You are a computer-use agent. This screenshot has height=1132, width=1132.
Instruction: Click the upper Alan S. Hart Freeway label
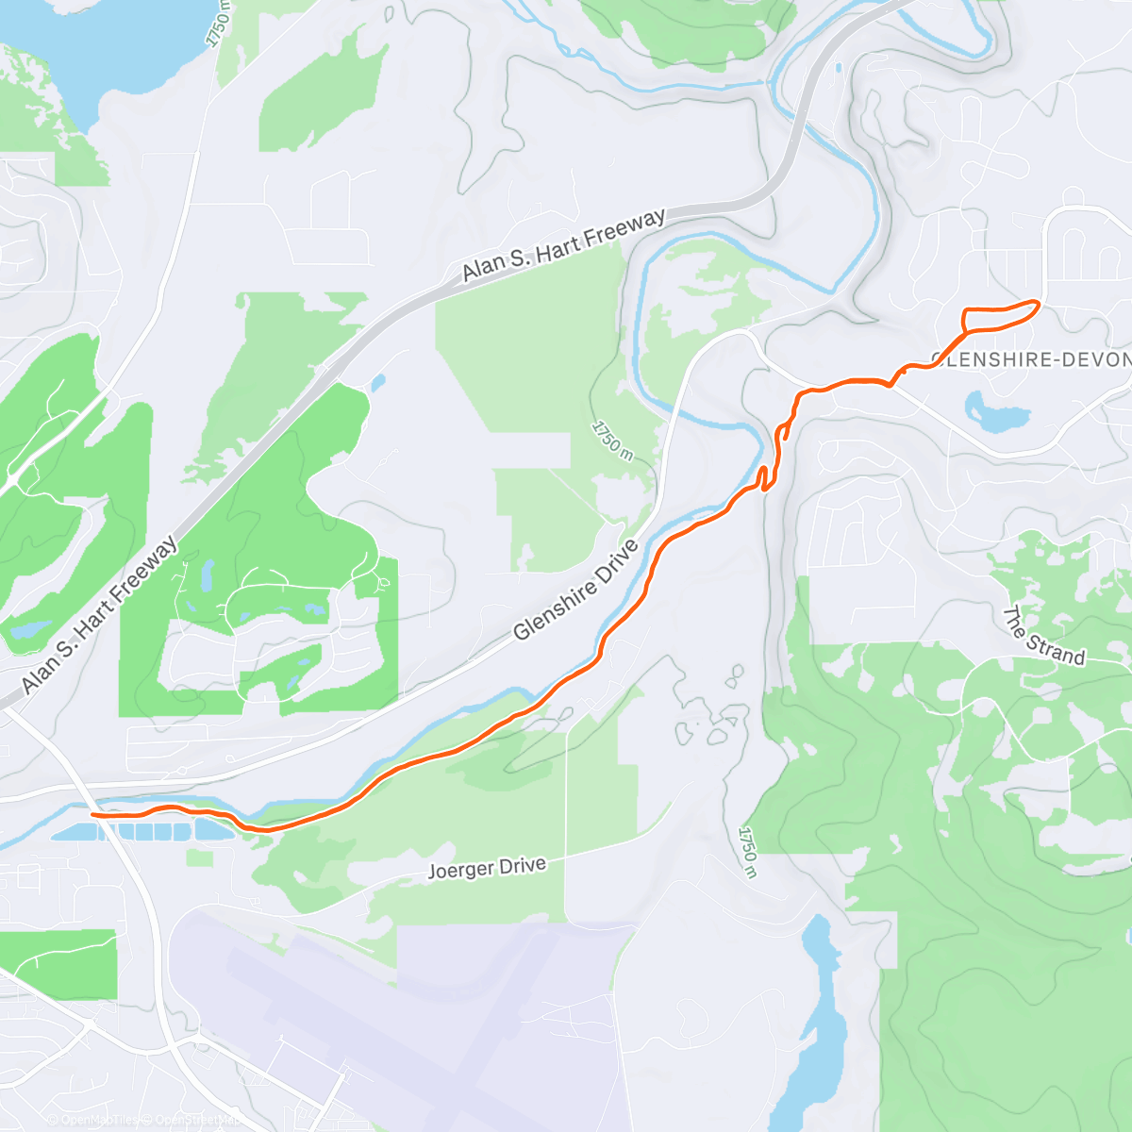[x=564, y=244]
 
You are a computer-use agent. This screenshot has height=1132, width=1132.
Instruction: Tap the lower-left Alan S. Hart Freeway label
[x=99, y=614]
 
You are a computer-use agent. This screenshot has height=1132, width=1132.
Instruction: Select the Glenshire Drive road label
[x=575, y=591]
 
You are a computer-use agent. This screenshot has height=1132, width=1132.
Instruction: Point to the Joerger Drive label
[x=487, y=867]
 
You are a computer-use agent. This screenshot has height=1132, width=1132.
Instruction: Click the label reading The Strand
[x=1043, y=638]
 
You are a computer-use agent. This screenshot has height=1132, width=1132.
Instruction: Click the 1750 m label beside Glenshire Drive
[x=612, y=441]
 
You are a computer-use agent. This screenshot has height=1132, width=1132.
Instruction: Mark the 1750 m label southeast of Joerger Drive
[x=748, y=853]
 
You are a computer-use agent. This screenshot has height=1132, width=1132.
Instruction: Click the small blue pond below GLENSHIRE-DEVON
[x=993, y=414]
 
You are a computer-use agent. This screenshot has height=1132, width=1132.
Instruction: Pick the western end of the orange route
[x=92, y=813]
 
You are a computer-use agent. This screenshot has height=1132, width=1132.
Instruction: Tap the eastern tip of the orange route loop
[x=1037, y=303]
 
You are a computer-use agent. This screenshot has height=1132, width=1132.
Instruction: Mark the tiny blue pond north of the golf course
[x=377, y=383]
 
